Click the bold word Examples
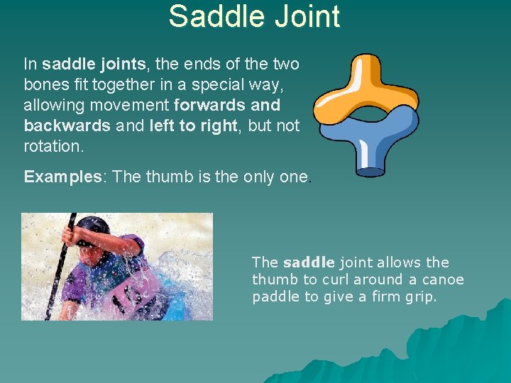click(63, 177)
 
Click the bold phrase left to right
click(197, 126)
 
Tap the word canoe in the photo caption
click(444, 279)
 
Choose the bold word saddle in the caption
click(308, 262)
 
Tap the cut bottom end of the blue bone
click(370, 171)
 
